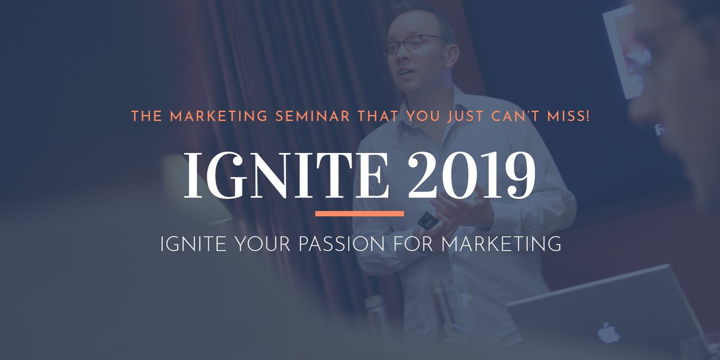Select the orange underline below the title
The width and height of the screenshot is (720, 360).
[359, 213]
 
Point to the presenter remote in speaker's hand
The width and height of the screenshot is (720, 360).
[425, 220]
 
